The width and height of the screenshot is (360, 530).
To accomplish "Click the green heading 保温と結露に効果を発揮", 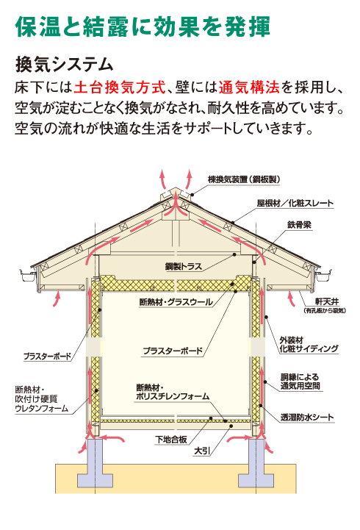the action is click(143, 26).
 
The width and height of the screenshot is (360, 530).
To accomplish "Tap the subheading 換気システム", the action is click(64, 64).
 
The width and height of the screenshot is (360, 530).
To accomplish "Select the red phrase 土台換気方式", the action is click(120, 87).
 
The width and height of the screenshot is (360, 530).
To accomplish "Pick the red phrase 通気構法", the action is click(249, 87).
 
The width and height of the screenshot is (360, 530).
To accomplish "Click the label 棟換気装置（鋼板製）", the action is click(244, 179).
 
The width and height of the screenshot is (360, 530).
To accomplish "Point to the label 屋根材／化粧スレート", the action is click(295, 203).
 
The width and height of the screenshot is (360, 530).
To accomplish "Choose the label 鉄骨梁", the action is click(299, 225).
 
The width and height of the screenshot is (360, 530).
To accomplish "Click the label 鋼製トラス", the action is click(184, 266).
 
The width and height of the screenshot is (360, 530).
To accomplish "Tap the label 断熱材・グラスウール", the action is click(176, 302).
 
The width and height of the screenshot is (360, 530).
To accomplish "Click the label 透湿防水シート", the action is click(307, 418).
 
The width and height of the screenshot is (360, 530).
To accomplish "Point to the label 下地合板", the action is click(171, 440).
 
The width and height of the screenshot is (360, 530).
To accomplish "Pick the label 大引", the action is click(202, 451).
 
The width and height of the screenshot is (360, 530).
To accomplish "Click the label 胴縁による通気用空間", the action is click(300, 382).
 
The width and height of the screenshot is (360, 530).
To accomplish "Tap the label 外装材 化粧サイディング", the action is click(309, 345).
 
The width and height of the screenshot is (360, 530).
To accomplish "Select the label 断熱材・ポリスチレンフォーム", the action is click(173, 392).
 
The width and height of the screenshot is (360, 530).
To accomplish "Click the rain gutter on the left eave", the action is click(29, 275).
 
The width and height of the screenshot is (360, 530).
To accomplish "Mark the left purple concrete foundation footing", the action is click(96, 463).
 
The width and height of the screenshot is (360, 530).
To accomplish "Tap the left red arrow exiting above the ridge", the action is click(164, 179).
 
